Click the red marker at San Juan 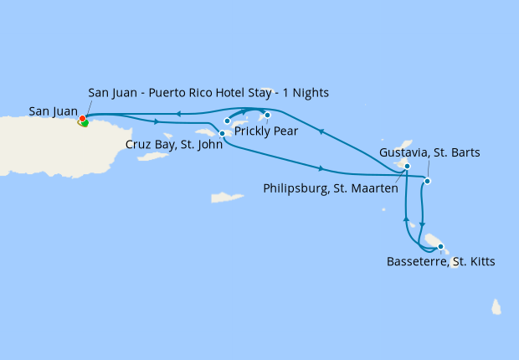point(82,119)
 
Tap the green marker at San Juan point(85,124)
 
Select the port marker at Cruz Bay point(222,133)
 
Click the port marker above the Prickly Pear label point(267,115)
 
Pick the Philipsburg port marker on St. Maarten point(407,167)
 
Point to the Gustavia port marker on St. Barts point(427,181)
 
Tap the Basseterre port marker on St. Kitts point(440,246)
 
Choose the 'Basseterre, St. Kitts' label point(440,262)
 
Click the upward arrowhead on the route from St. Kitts point(406,219)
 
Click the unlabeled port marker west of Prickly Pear point(227,121)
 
